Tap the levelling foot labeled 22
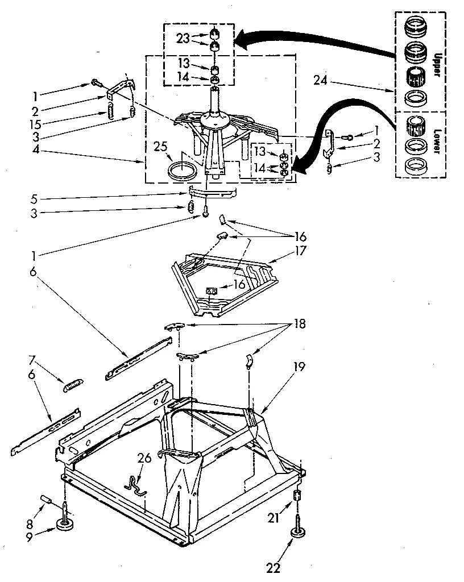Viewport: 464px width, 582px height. [x=297, y=532]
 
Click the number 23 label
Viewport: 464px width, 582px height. [x=182, y=39]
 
